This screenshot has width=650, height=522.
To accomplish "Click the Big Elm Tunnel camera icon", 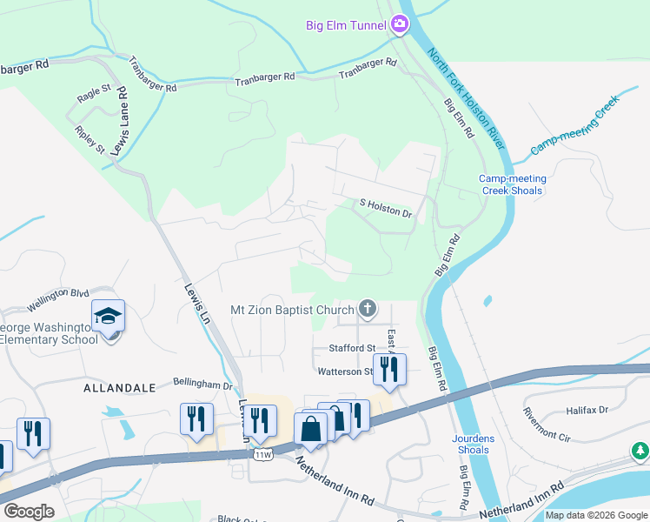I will [399, 24].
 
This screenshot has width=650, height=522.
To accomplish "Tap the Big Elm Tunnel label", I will [344, 25].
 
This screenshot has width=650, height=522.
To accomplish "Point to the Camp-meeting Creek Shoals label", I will [511, 184].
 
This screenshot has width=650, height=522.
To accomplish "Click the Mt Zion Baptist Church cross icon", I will [368, 308].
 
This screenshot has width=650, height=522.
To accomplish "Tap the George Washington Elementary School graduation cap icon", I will [108, 317].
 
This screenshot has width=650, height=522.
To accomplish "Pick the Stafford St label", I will [351, 348].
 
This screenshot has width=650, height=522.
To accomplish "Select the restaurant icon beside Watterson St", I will [389, 369].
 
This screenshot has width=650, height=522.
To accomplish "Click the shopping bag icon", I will [310, 429].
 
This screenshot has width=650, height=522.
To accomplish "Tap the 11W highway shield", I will [262, 454].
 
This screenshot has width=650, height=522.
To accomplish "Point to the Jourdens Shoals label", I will [472, 444].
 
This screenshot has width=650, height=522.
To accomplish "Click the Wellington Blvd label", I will [58, 299].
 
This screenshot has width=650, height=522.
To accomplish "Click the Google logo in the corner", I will [29, 511].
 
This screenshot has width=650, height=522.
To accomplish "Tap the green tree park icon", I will [640, 451].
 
